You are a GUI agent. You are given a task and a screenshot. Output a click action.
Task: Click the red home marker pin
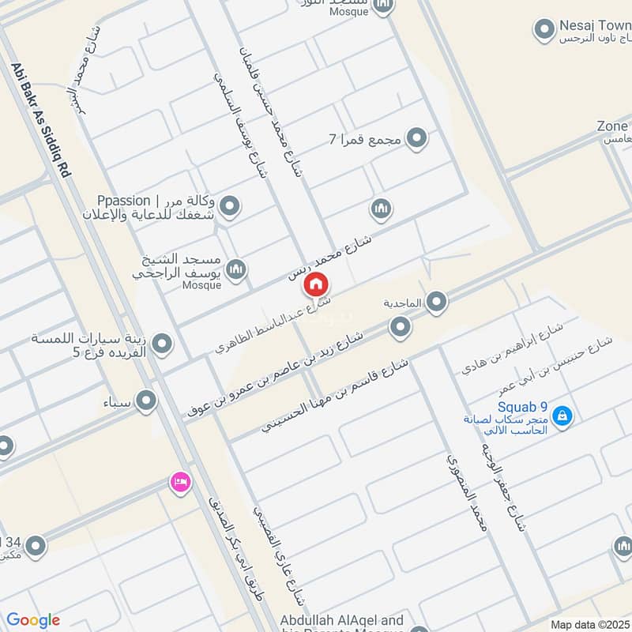(316, 284)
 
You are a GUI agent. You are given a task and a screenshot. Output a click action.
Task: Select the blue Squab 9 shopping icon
(562, 415)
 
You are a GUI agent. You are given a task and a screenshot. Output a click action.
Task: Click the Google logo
(33, 620)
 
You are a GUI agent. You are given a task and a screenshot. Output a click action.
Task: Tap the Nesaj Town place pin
(544, 31)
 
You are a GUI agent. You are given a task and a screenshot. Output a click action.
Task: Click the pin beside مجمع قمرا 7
(417, 139)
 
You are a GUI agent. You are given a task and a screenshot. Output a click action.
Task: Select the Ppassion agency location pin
(230, 208)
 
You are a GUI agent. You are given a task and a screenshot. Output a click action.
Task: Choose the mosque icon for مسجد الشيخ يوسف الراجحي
(235, 271)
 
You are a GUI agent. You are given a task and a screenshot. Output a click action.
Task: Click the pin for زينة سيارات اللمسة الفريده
(162, 344)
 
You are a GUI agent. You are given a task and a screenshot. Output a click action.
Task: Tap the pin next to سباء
(146, 402)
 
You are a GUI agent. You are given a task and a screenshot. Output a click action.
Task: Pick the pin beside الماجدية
(436, 302)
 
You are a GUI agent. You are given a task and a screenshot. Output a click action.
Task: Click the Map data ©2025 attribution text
(589, 624)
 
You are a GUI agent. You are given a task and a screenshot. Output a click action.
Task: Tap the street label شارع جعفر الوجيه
(501, 482)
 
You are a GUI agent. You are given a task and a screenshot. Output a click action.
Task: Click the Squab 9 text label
(517, 408)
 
